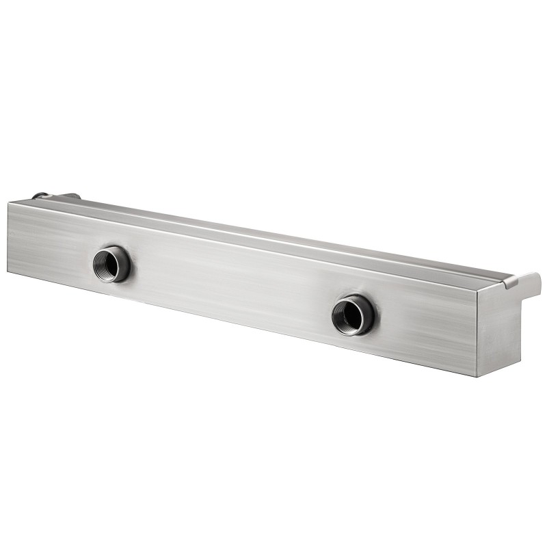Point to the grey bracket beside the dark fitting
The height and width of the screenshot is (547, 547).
(68, 196)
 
